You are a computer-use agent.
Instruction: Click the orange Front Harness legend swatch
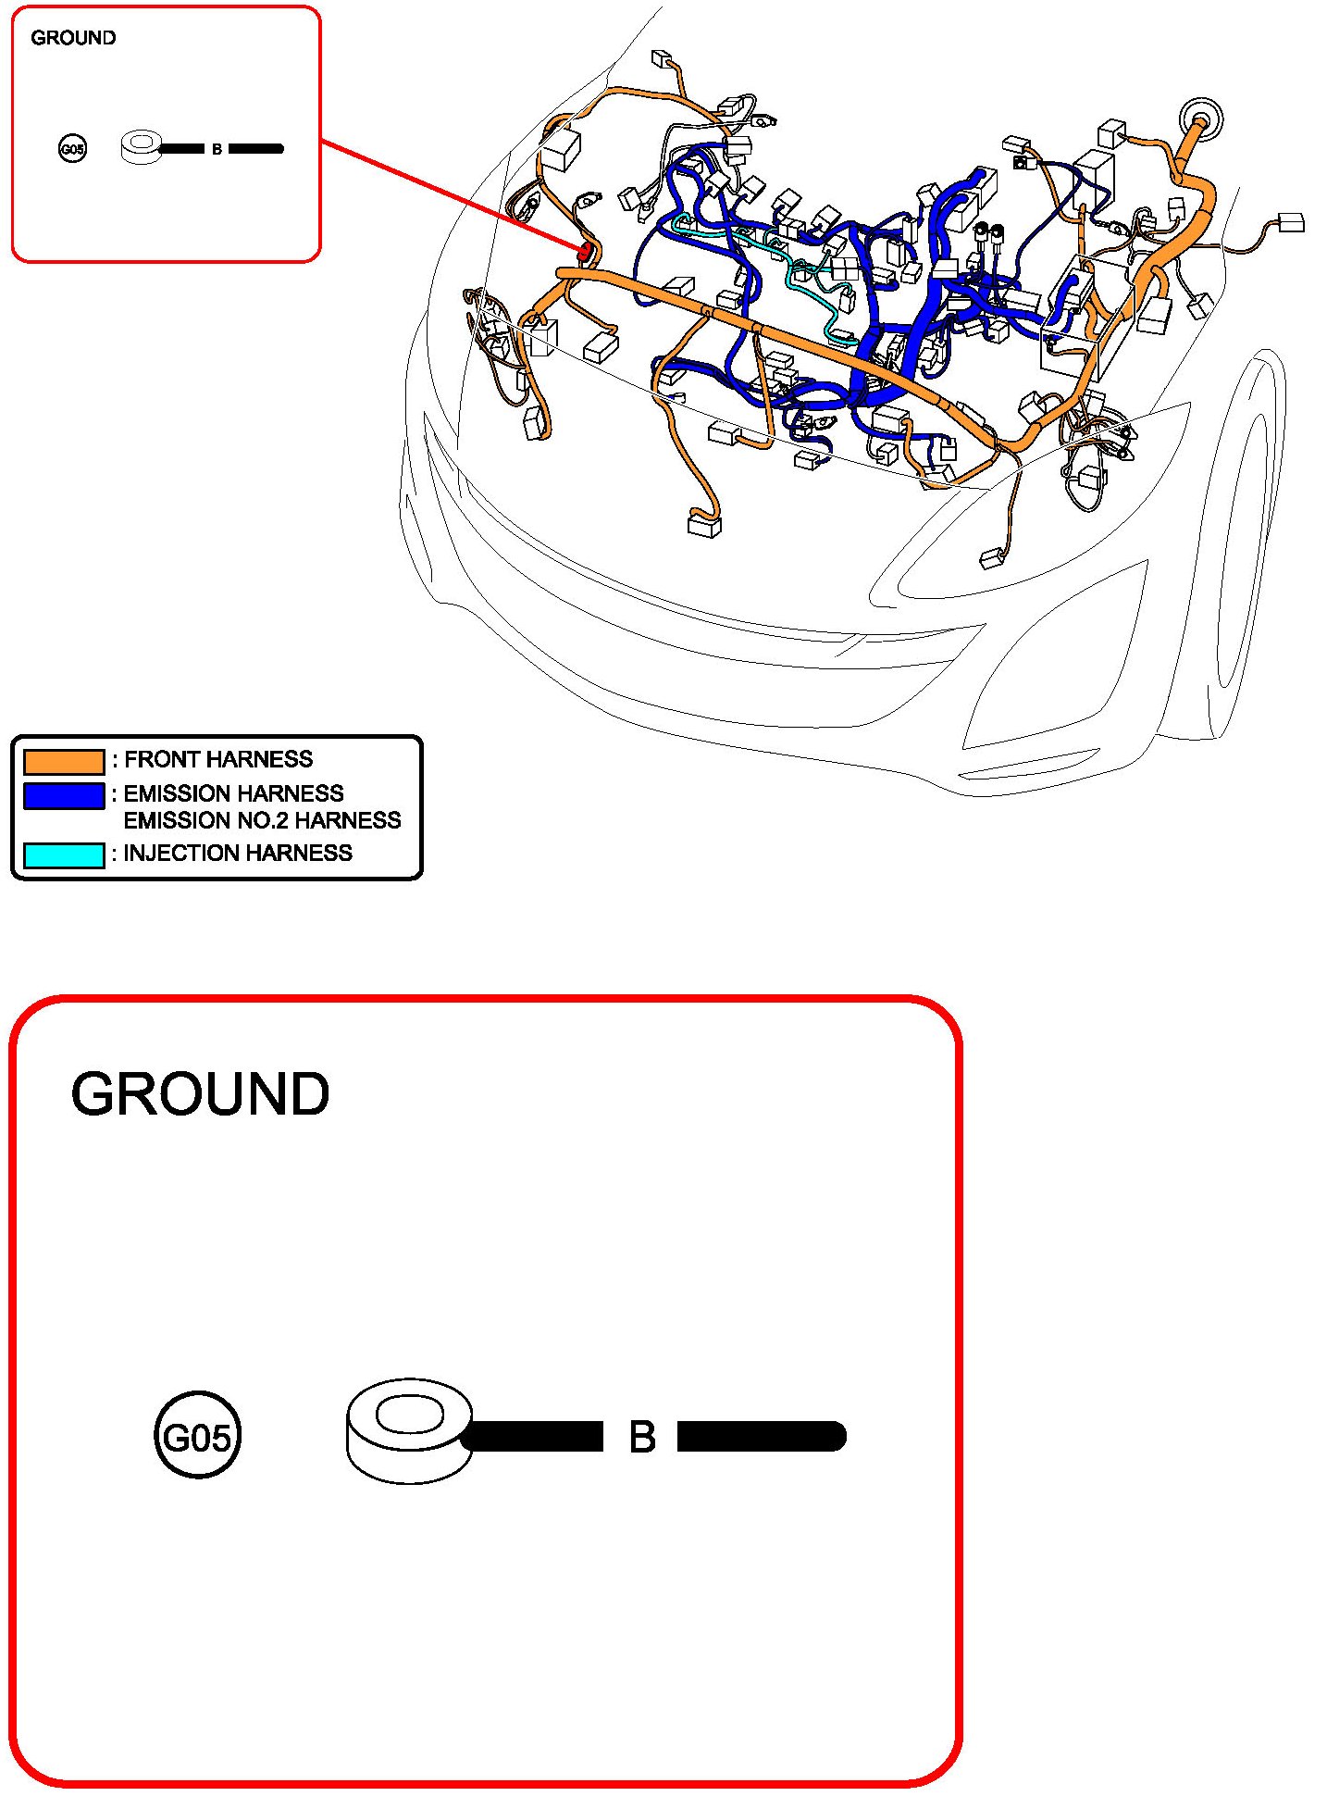[64, 761]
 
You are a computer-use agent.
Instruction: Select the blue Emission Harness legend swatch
[64, 795]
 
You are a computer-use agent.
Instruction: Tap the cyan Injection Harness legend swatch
[64, 854]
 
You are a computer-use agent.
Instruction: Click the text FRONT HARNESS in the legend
[218, 759]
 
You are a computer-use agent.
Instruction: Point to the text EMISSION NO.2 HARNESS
[262, 820]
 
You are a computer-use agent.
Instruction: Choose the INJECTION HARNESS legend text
[238, 853]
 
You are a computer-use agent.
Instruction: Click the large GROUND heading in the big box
[200, 1093]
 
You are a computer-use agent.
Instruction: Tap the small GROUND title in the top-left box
[73, 38]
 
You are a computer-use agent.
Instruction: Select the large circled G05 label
[197, 1436]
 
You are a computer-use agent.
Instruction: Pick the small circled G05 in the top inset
[72, 149]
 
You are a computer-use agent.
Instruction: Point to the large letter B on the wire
[642, 1438]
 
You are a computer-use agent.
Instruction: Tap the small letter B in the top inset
[217, 149]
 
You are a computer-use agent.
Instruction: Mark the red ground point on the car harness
[584, 251]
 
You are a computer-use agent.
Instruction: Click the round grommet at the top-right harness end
[1201, 118]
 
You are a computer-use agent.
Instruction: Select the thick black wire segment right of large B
[762, 1437]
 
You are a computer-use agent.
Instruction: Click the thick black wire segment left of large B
[532, 1437]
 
